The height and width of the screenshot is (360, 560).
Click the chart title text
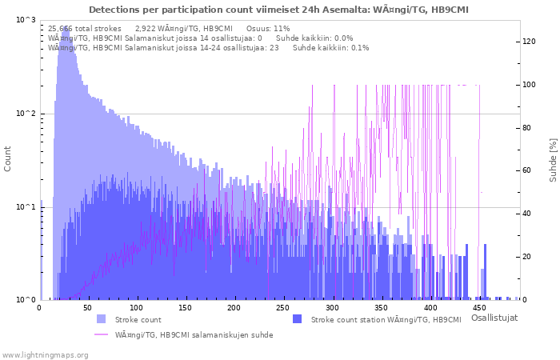278,10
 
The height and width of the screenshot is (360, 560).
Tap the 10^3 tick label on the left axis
26,20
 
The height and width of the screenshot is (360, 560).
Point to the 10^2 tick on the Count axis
26,114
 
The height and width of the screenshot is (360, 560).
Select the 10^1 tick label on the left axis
26,207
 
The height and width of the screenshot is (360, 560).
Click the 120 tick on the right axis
529,42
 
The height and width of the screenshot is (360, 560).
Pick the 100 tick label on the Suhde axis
529,85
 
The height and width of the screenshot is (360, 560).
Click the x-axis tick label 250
283,308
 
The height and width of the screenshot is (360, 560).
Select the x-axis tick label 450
478,308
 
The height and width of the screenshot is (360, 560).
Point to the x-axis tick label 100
136,308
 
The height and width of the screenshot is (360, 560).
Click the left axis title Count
7,159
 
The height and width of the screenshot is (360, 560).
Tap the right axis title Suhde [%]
553,160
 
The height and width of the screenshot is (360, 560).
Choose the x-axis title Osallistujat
494,318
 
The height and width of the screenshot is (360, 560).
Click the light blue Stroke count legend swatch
102,319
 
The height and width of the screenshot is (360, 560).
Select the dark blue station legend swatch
297,319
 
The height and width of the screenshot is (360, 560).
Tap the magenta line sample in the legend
102,334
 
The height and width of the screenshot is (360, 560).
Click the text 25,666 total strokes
85,29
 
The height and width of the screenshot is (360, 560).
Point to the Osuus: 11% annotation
268,29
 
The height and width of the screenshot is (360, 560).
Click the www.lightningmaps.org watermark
44,355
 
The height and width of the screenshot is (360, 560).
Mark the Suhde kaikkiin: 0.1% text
330,48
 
